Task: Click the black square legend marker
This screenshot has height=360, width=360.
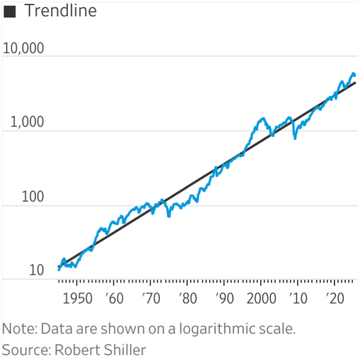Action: point(9,12)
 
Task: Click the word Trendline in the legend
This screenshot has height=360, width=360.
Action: point(60,11)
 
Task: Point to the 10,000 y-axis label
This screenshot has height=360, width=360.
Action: point(24,48)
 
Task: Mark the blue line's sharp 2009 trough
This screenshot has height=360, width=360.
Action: point(295,138)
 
